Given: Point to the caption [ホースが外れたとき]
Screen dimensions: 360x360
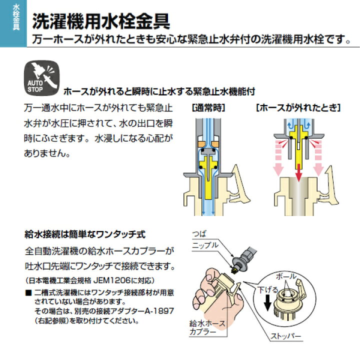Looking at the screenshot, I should point(298,107).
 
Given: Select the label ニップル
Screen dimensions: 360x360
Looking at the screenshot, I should point(205,245).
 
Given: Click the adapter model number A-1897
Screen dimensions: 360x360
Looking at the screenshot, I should point(158,311).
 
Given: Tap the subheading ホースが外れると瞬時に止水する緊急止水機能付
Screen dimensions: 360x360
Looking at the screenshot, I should point(159,92).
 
